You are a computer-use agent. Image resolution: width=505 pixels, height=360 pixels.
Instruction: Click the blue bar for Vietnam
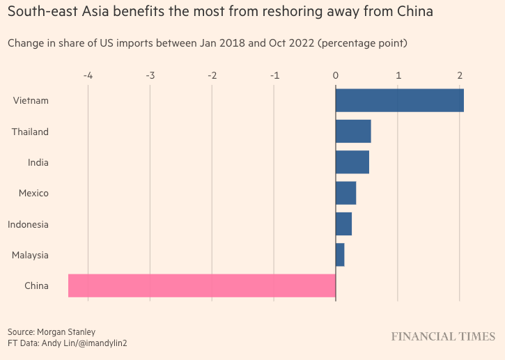pos(399,100)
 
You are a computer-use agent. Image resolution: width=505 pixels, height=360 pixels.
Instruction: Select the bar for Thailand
pos(353,131)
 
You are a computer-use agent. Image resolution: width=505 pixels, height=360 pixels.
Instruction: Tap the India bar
pos(352,162)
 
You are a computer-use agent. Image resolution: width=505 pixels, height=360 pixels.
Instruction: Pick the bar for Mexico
pos(345,193)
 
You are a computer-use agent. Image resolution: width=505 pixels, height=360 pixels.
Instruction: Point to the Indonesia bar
pos(343,224)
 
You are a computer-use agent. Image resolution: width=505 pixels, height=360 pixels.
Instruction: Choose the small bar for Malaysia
pos(340,255)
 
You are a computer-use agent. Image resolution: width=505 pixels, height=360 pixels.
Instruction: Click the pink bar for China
pos(201,285)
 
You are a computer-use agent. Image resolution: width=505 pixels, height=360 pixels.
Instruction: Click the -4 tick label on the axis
pos(88,75)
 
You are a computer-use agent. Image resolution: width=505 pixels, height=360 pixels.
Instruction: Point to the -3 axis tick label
pos(150,75)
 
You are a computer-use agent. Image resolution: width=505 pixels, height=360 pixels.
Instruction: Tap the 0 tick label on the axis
pos(336,75)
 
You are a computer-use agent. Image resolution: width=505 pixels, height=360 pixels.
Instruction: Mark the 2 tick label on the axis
pos(460,75)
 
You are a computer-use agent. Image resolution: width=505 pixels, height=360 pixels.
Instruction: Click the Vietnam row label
pos(31,100)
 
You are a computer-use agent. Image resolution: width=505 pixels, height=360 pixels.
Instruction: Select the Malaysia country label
pos(30,255)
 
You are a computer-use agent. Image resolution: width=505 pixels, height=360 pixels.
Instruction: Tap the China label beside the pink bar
pos(36,285)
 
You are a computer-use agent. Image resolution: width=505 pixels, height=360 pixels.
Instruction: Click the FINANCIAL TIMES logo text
pos(443,337)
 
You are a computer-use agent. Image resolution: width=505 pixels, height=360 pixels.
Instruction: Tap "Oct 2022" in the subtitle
pos(290,43)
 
